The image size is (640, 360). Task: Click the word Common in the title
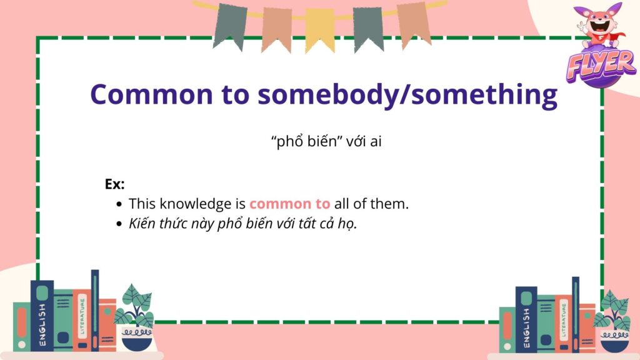pyautogui.click(x=151, y=94)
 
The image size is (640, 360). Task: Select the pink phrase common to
pyautogui.click(x=290, y=204)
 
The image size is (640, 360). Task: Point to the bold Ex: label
pyautogui.click(x=115, y=184)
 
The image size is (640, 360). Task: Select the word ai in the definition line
pyautogui.click(x=376, y=142)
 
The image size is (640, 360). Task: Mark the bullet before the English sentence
pyautogui.click(x=119, y=204)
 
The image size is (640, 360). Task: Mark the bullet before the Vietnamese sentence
pyautogui.click(x=119, y=224)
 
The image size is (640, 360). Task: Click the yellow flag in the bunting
pyautogui.click(x=320, y=29)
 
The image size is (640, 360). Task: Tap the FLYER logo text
pyautogui.click(x=601, y=64)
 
